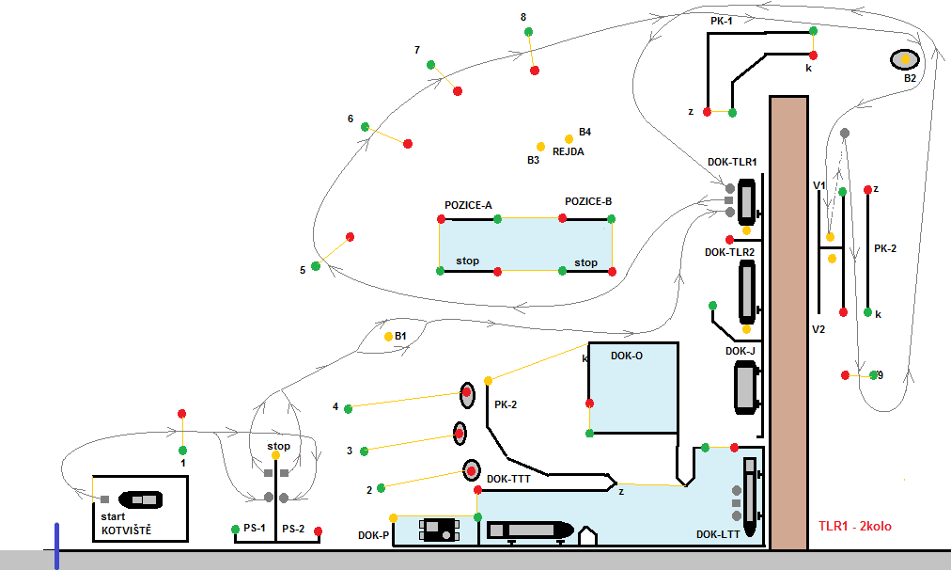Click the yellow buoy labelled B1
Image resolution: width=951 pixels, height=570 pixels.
[x=388, y=337]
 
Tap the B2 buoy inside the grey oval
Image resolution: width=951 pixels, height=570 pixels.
[x=905, y=59]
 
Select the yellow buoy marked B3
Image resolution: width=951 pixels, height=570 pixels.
[x=540, y=147]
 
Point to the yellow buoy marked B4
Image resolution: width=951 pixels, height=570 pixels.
[x=569, y=139]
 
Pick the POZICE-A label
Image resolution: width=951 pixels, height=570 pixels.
[x=468, y=205]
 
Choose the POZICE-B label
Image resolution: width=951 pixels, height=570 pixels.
[x=588, y=201]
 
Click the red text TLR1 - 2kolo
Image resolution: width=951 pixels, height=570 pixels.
[x=854, y=526]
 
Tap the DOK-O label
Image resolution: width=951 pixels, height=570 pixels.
[x=627, y=356]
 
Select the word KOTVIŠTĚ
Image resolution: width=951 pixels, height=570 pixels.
[x=126, y=530]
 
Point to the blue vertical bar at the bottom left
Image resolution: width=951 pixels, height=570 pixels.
[x=56, y=546]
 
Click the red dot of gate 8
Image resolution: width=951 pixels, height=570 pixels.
[x=534, y=71]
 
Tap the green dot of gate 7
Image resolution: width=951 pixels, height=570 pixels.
[x=430, y=64]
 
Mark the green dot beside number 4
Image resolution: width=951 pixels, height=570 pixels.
[x=349, y=408]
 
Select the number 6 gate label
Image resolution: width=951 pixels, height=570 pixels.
[x=351, y=119]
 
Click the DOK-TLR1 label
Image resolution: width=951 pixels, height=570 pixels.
[x=732, y=162]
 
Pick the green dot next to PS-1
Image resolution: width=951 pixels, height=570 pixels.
[x=235, y=530]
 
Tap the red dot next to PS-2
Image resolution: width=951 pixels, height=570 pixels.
[x=318, y=532]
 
